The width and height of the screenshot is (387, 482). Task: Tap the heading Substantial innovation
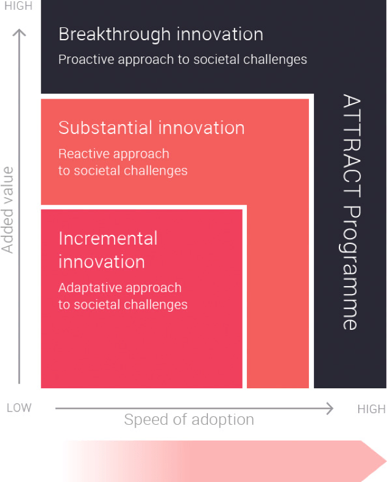152,128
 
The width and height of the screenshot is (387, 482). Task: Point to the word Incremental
108,238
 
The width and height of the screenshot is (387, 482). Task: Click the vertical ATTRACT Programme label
351,212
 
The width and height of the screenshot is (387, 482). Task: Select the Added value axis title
7,210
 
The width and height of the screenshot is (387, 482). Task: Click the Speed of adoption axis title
189,419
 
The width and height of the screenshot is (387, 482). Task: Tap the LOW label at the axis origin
19,408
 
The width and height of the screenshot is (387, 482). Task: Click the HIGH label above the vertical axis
18,6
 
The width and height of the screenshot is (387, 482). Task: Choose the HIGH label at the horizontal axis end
371,409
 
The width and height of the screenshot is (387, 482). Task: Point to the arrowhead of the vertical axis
19,30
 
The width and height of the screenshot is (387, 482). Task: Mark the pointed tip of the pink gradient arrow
386,461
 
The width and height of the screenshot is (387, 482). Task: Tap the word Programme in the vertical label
350,268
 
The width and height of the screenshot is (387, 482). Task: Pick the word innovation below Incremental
102,262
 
